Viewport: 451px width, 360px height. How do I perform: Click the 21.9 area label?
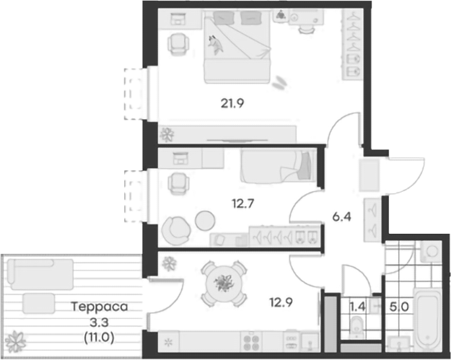click(233, 102)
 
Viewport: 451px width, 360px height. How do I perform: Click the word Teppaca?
click(99, 307)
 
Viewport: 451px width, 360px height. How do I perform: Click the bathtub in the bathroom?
click(432, 317)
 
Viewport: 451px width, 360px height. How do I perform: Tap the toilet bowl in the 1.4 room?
click(356, 331)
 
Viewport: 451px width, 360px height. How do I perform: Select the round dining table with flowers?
click(223, 283)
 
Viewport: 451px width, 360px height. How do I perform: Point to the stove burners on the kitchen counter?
click(253, 339)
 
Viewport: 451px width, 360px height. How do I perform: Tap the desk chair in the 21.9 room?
click(176, 45)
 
